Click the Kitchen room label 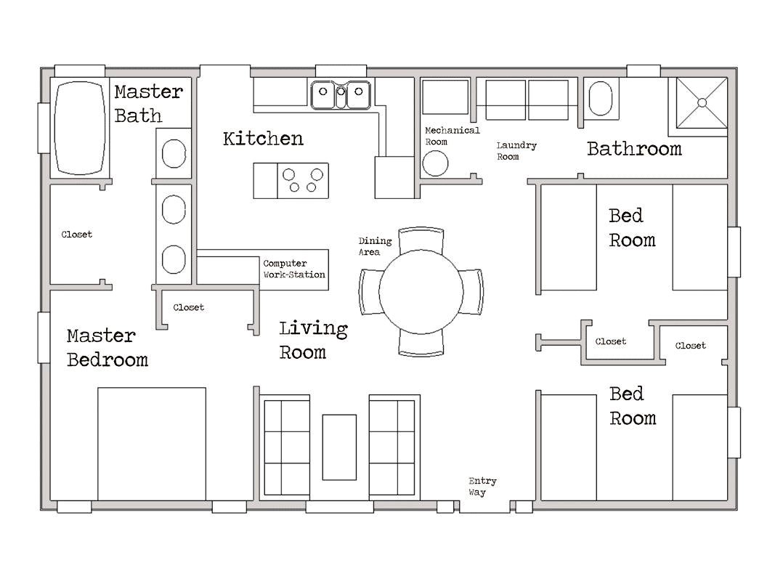[x=263, y=139]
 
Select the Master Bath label [x=148, y=104]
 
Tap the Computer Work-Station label [x=294, y=269]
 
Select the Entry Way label [x=482, y=487]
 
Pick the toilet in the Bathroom [x=600, y=98]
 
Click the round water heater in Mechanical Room [x=436, y=164]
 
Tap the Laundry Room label [x=516, y=151]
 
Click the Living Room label [x=313, y=340]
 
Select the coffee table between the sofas [x=339, y=447]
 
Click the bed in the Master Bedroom [x=152, y=443]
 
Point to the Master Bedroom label [x=107, y=348]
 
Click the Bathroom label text [x=634, y=149]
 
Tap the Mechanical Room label [x=452, y=136]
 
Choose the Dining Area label [x=375, y=246]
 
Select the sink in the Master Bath [x=174, y=153]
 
